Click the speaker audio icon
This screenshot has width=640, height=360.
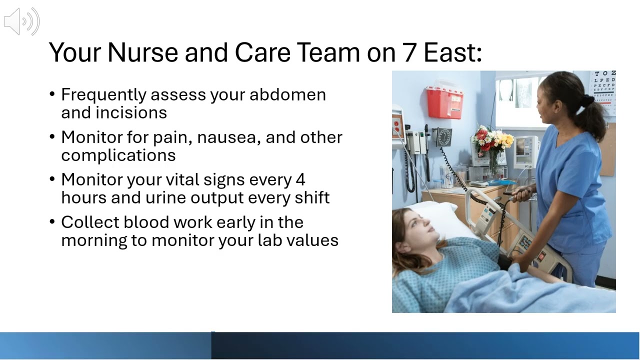(x=21, y=21)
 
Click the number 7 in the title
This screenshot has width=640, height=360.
(x=409, y=52)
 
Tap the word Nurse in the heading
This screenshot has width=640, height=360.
(x=142, y=52)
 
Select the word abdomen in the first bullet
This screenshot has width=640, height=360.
(x=287, y=94)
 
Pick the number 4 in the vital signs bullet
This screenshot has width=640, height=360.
(x=300, y=179)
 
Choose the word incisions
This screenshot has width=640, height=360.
(x=131, y=112)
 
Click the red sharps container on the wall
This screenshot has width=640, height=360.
(x=444, y=101)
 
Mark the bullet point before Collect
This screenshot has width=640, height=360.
(x=52, y=222)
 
